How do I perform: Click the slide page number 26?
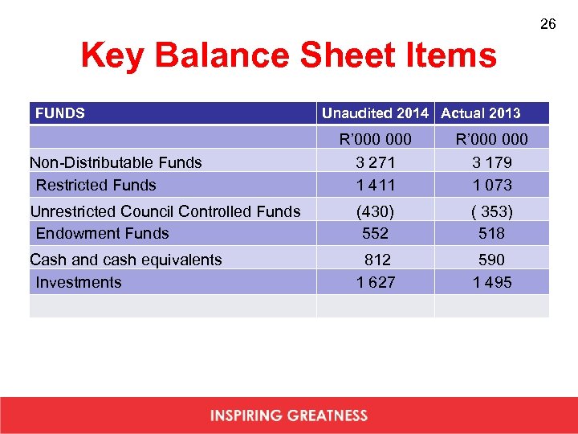[547, 25]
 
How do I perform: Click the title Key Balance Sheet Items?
[288, 56]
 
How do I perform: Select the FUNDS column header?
[60, 113]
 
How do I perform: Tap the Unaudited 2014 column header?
[375, 113]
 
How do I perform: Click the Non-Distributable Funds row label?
[116, 162]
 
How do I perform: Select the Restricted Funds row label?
[96, 185]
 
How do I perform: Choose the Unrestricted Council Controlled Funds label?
[165, 211]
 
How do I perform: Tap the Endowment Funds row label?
[102, 233]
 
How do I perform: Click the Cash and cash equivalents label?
[125, 260]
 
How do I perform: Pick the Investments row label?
[79, 282]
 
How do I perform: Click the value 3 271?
[376, 162]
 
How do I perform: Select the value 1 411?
[376, 185]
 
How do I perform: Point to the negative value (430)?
[376, 211]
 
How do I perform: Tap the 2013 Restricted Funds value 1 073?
[492, 185]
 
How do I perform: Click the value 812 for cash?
[377, 260]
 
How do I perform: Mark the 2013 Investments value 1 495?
[492, 282]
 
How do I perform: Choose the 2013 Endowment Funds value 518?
[492, 233]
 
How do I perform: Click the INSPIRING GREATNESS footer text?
[289, 416]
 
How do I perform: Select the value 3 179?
[492, 162]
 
